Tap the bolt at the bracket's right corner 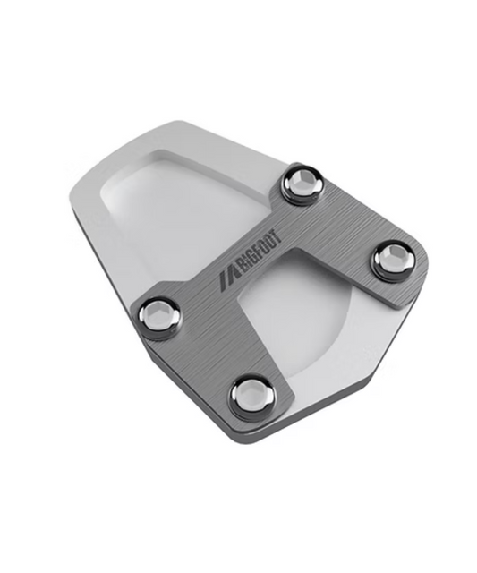click(x=392, y=259)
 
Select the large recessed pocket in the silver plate click(x=170, y=215)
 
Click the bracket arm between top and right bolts click(x=345, y=224)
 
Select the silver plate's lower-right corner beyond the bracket click(x=358, y=376)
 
